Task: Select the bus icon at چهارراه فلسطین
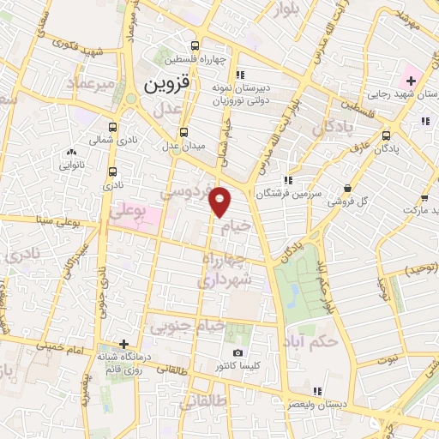(x=196, y=45)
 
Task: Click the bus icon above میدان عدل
(x=183, y=132)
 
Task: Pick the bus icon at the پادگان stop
(x=386, y=134)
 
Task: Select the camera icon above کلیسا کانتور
(x=238, y=353)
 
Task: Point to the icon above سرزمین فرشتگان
(x=289, y=179)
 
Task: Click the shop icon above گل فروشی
(x=347, y=189)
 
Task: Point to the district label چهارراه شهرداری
(x=226, y=269)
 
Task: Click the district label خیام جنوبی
(x=188, y=326)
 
